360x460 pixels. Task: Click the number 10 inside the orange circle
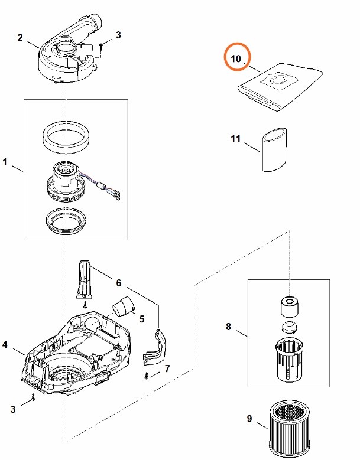pyautogui.click(x=236, y=59)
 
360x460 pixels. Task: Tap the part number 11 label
pyautogui.click(x=236, y=139)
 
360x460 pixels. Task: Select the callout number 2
pyautogui.click(x=20, y=38)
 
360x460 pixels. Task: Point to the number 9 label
pyautogui.click(x=249, y=419)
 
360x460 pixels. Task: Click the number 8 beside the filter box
pyautogui.click(x=229, y=325)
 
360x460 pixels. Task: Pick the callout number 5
pyautogui.click(x=141, y=319)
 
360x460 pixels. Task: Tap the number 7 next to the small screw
pyautogui.click(x=167, y=369)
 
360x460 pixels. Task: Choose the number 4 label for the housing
pyautogui.click(x=5, y=344)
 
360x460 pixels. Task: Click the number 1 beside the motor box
pyautogui.click(x=5, y=161)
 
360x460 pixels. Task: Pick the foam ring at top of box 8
pyautogui.click(x=290, y=306)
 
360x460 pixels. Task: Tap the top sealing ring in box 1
pyautogui.click(x=66, y=136)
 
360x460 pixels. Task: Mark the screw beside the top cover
pyautogui.click(x=102, y=44)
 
